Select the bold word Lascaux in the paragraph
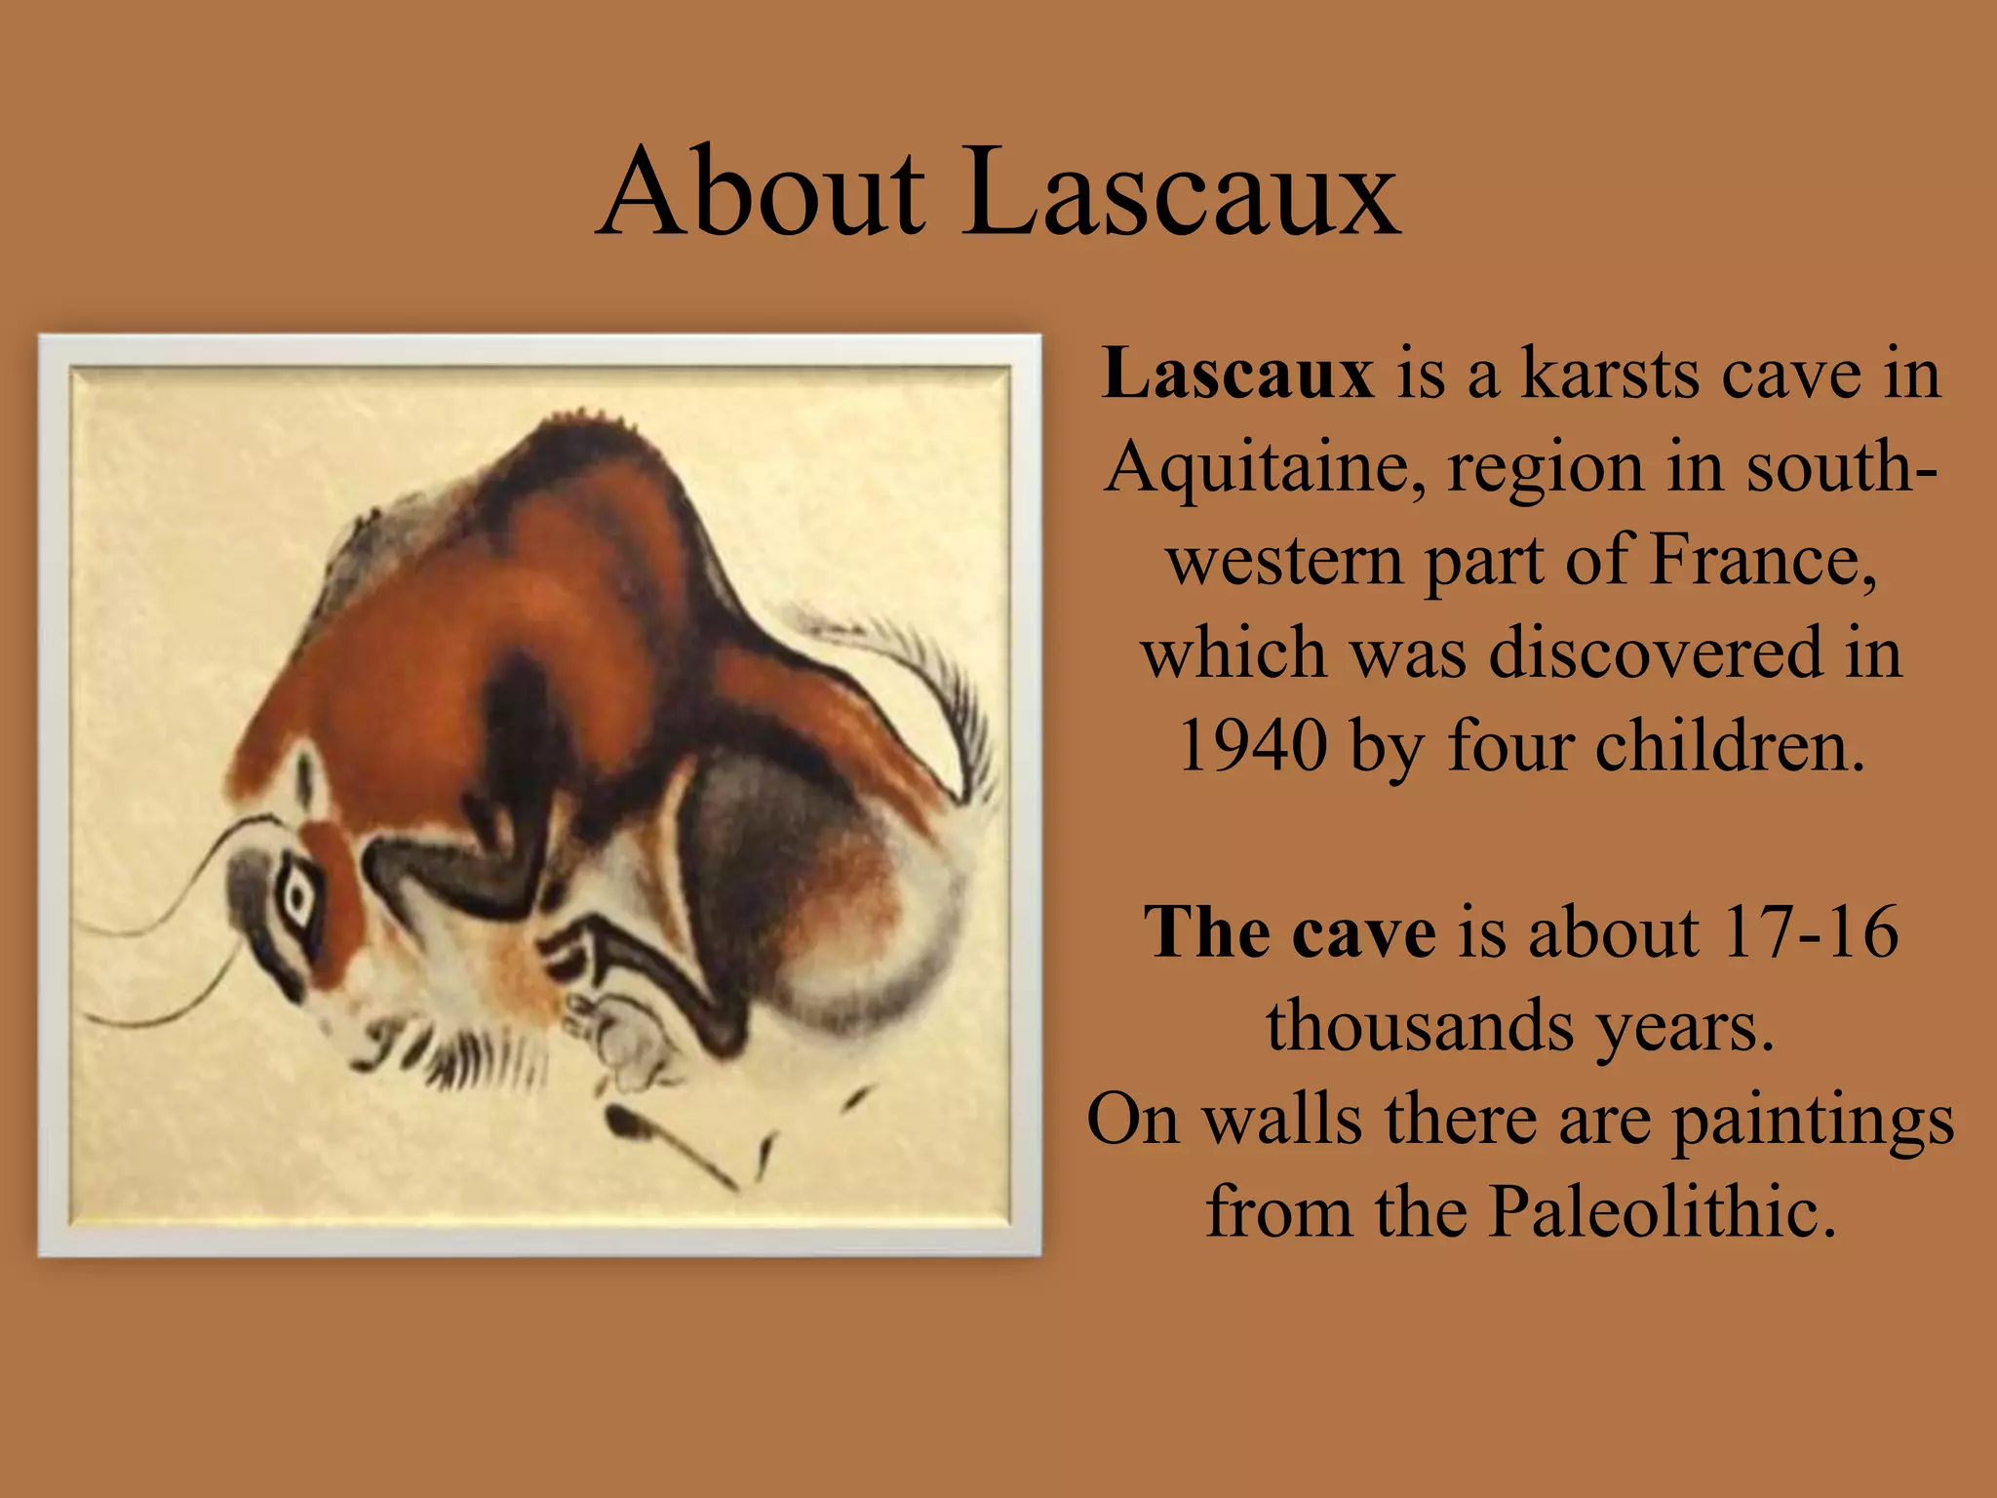click(1236, 374)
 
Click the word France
click(1763, 561)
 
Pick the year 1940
click(1252, 746)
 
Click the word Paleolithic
click(1662, 1212)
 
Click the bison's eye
click(294, 895)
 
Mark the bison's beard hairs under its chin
click(458, 1058)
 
